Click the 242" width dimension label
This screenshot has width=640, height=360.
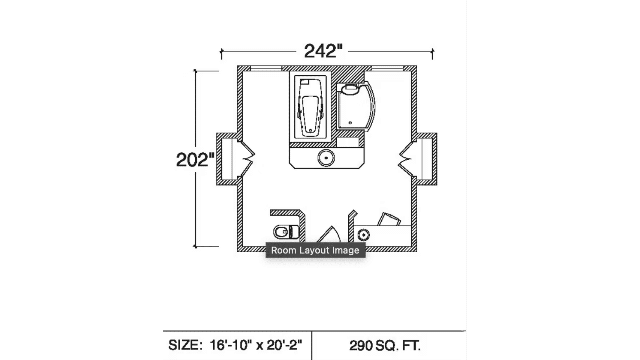point(323,51)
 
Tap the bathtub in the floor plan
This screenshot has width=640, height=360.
point(310,107)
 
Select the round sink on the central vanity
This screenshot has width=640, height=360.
point(326,158)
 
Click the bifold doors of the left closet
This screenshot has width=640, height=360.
point(247,159)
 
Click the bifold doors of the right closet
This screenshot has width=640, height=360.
point(406,159)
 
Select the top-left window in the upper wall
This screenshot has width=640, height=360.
point(266,69)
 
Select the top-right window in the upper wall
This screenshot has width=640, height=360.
point(387,69)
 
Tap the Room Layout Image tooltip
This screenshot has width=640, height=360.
point(315,250)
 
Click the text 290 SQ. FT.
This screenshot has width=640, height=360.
point(385,346)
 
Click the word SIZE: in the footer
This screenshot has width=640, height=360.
point(185,345)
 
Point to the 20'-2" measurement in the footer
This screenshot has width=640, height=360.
point(284,345)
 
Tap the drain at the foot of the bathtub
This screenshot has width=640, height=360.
point(310,130)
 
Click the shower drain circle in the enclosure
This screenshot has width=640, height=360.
point(350,123)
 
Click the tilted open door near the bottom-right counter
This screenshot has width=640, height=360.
point(389,219)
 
